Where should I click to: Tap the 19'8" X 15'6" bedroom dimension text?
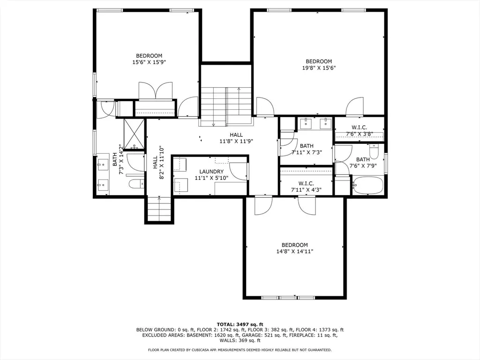point(319,68)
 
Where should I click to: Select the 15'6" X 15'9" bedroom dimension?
point(149,62)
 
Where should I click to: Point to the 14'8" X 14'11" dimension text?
point(294,252)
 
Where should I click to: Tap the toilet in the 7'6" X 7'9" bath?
point(374,150)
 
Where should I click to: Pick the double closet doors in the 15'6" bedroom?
point(156,90)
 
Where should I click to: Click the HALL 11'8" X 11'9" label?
point(236,138)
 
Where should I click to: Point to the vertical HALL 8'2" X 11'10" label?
point(158,163)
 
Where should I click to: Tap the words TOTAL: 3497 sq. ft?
point(240,324)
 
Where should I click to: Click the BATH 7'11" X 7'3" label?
point(307,149)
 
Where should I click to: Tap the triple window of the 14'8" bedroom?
point(288,298)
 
